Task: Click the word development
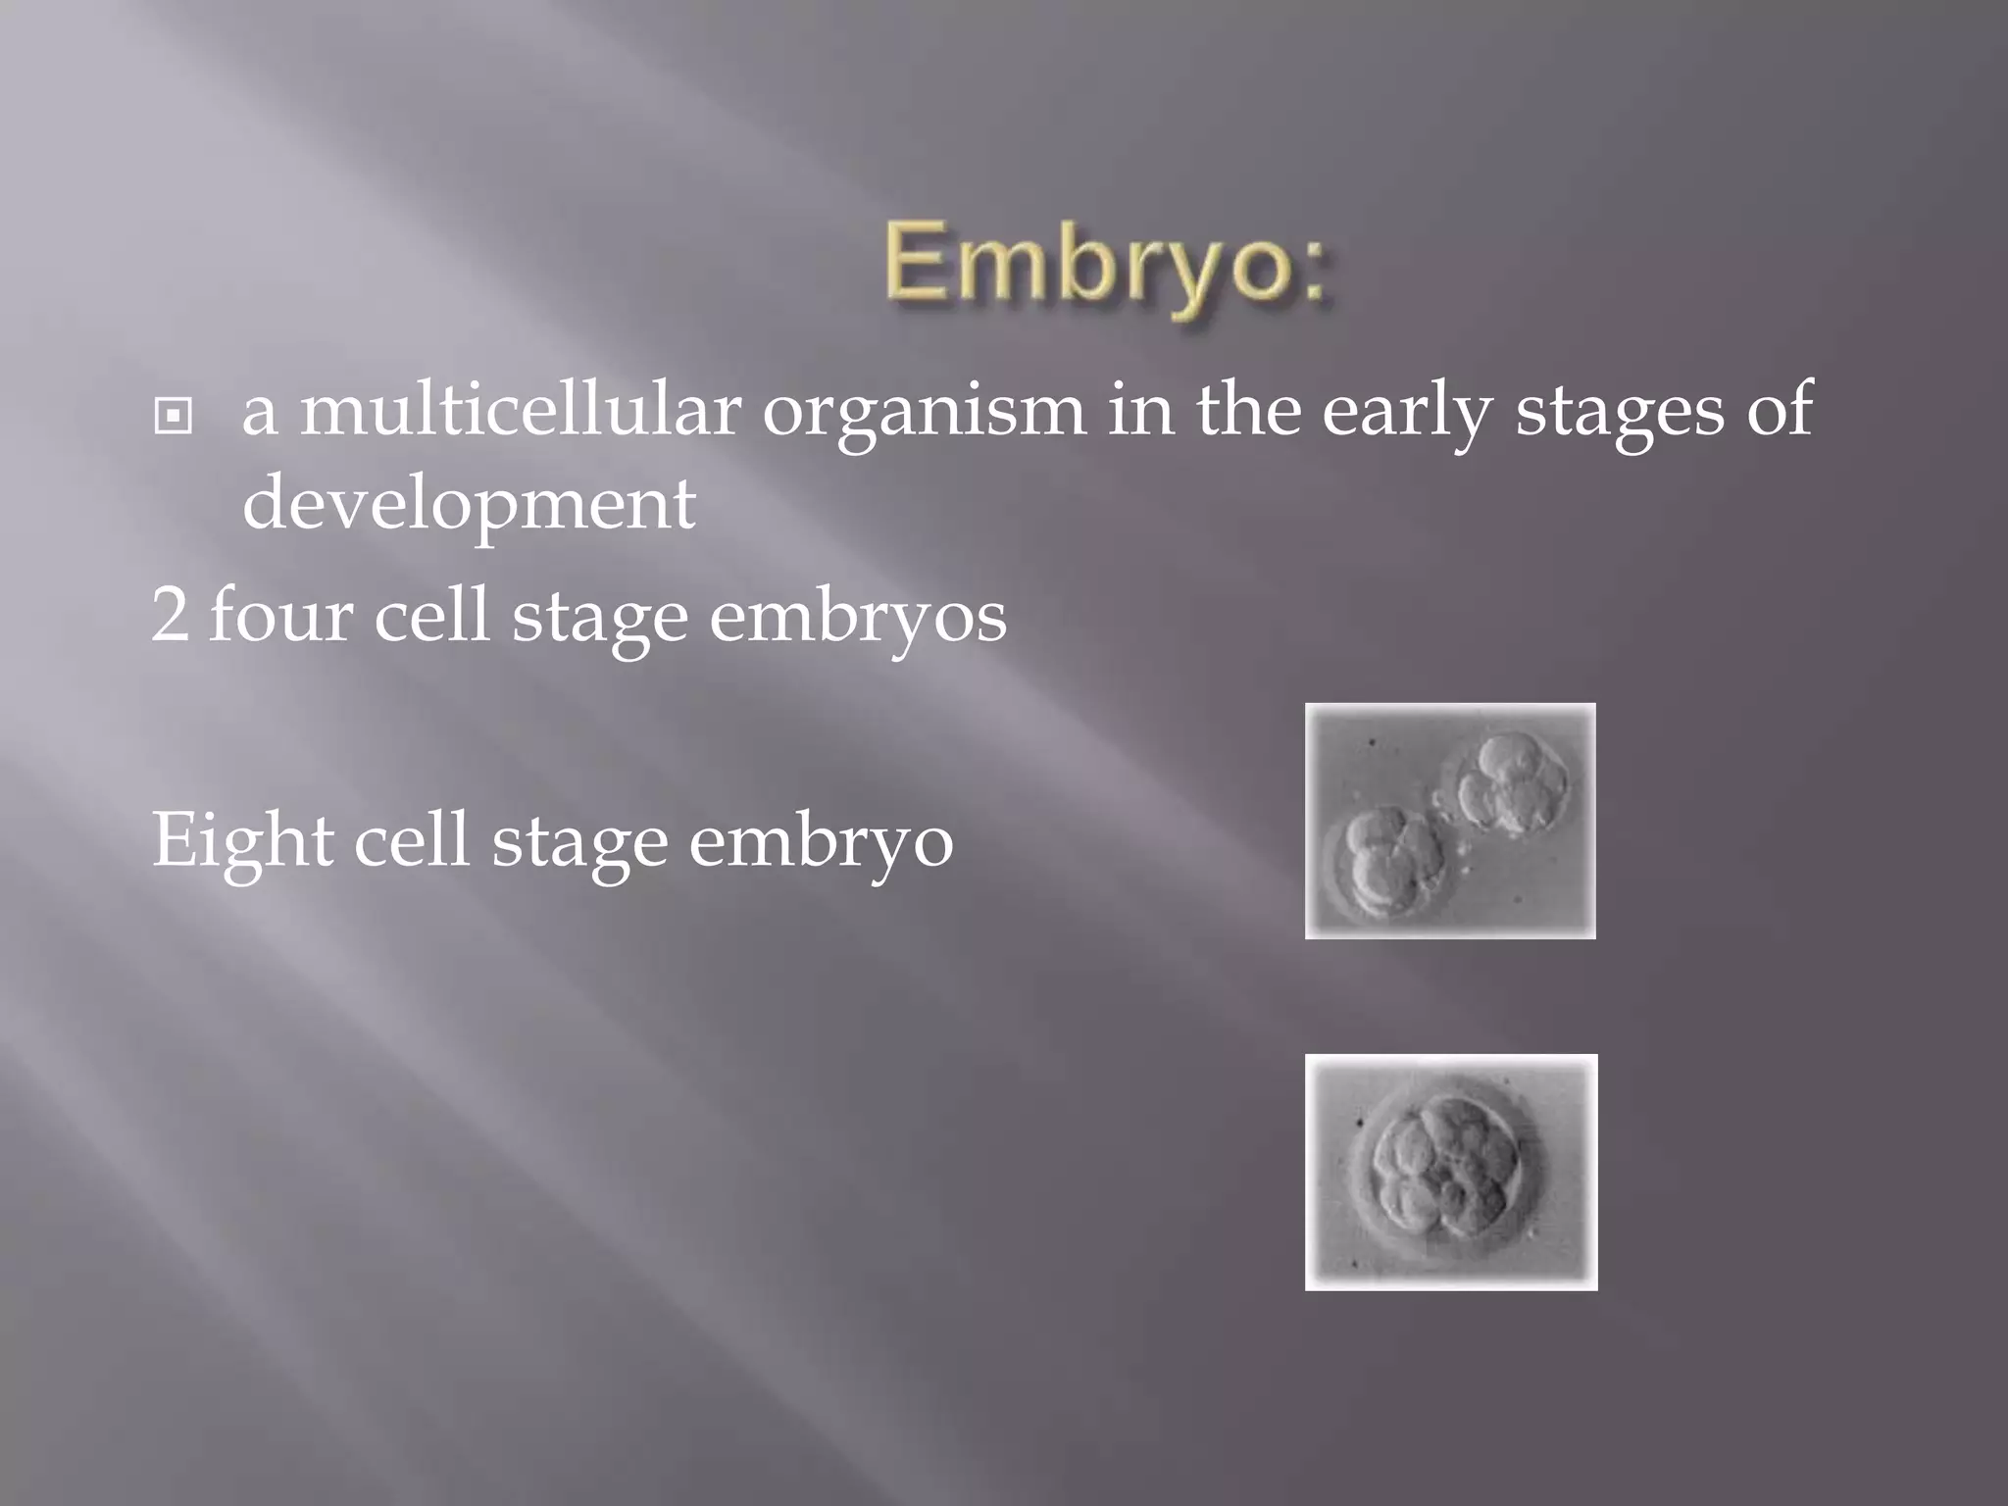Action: pyautogui.click(x=469, y=504)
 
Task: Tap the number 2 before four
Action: pyautogui.click(x=170, y=616)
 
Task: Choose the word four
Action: pyautogui.click(x=280, y=616)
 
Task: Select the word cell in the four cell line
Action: pyautogui.click(x=431, y=616)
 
